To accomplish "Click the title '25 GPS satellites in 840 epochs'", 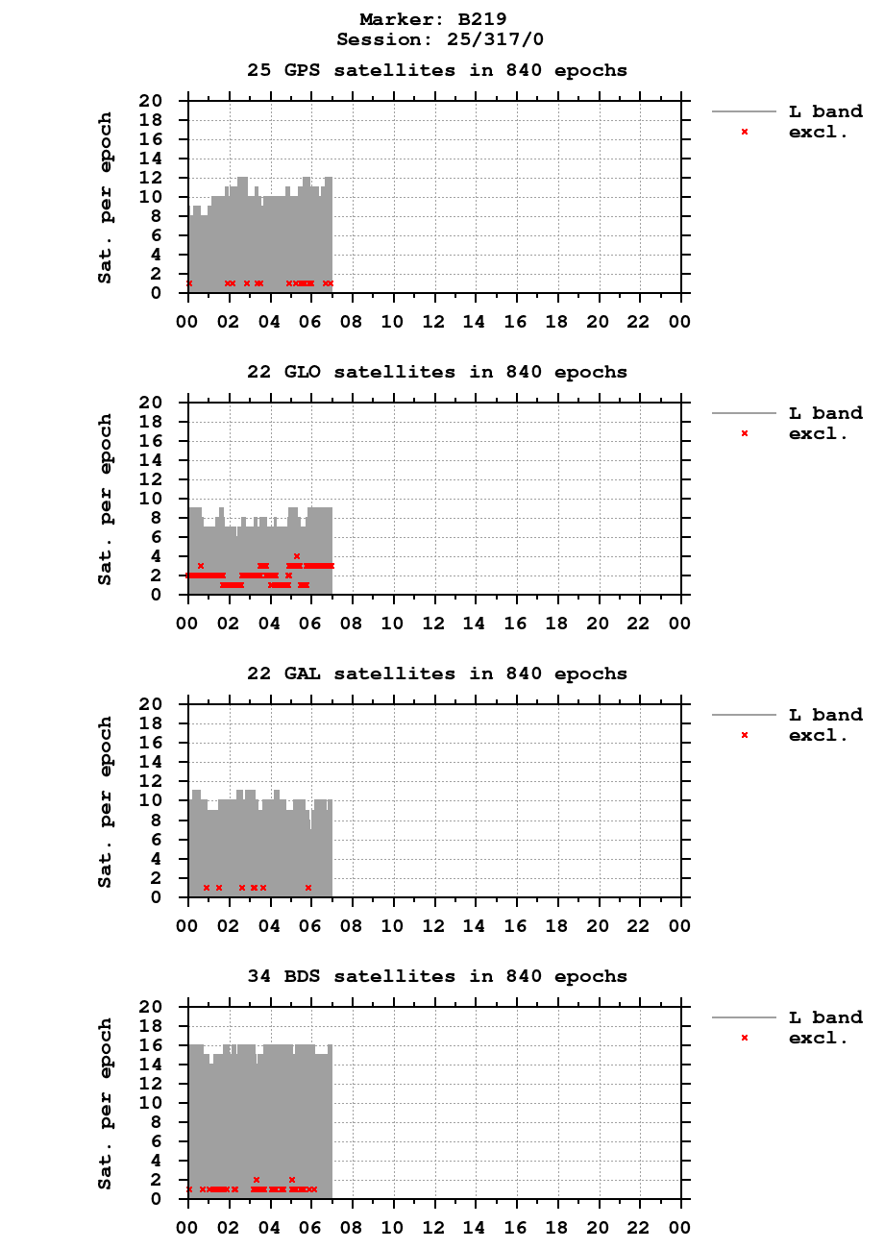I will [x=437, y=70].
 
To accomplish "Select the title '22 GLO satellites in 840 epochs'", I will [x=437, y=372].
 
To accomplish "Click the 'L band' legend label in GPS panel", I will [x=825, y=111].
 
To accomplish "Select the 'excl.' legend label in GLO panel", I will [x=818, y=433].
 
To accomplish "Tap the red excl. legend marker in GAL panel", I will [x=745, y=735].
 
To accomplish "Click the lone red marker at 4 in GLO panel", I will [x=297, y=556].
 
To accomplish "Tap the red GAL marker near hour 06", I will [x=308, y=888].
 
